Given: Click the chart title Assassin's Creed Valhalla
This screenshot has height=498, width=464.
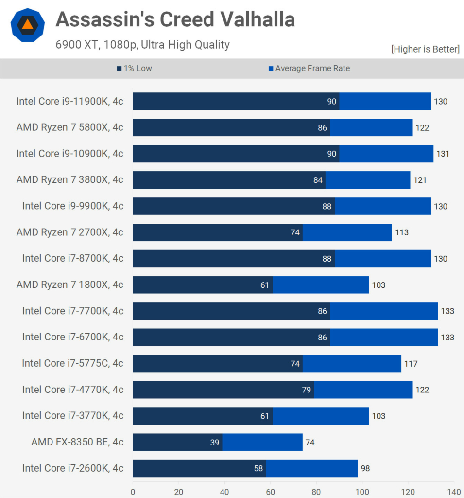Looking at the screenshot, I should pyautogui.click(x=175, y=19).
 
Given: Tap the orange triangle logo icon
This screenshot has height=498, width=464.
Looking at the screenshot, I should pyautogui.click(x=28, y=25).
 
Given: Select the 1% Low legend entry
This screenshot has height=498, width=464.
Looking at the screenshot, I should pyautogui.click(x=135, y=69).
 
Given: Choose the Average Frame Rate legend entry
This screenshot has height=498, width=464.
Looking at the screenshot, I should pyautogui.click(x=309, y=69).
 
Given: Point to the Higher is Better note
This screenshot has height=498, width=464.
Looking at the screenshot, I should pyautogui.click(x=425, y=49).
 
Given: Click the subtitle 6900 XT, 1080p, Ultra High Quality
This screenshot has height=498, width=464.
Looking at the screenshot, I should pyautogui.click(x=142, y=45).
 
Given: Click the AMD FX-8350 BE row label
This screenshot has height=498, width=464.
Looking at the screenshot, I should pyautogui.click(x=77, y=442).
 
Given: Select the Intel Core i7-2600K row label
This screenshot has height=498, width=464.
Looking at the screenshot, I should pyautogui.click(x=73, y=468).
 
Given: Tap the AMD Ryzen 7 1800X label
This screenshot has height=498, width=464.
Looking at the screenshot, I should pyautogui.click(x=70, y=285).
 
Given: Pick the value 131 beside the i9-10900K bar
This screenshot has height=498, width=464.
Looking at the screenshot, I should pyautogui.click(x=443, y=154).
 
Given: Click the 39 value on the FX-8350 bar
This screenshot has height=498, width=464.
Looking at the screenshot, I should pyautogui.click(x=215, y=443).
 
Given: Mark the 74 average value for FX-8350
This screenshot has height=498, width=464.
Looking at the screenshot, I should pyautogui.click(x=310, y=443).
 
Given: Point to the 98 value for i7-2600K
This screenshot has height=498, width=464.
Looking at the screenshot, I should pyautogui.click(x=365, y=469).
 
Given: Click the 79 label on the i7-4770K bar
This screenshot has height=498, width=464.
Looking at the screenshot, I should pyautogui.click(x=306, y=390).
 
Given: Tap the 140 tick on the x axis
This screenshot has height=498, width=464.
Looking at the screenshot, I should pyautogui.click(x=454, y=491).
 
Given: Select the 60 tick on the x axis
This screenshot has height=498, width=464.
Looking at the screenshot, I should pyautogui.click(x=271, y=491).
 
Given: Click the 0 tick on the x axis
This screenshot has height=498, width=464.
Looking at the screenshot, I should pyautogui.click(x=133, y=491).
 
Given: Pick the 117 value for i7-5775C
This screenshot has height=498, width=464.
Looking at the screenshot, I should pyautogui.click(x=411, y=364).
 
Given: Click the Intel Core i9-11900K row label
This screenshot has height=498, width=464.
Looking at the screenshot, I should pyautogui.click(x=70, y=101).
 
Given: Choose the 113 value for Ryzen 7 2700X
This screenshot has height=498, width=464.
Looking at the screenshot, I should pyautogui.click(x=401, y=232).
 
